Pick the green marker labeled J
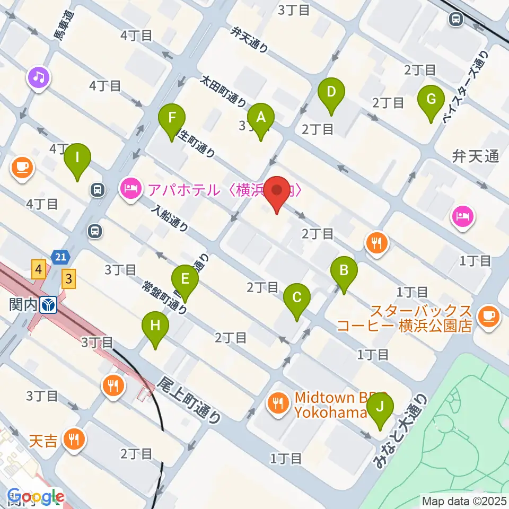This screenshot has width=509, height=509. click(x=380, y=409)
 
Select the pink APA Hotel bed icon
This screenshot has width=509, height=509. click(x=130, y=187)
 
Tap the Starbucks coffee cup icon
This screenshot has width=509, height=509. click(x=487, y=317)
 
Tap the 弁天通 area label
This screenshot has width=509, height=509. click(x=475, y=156)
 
